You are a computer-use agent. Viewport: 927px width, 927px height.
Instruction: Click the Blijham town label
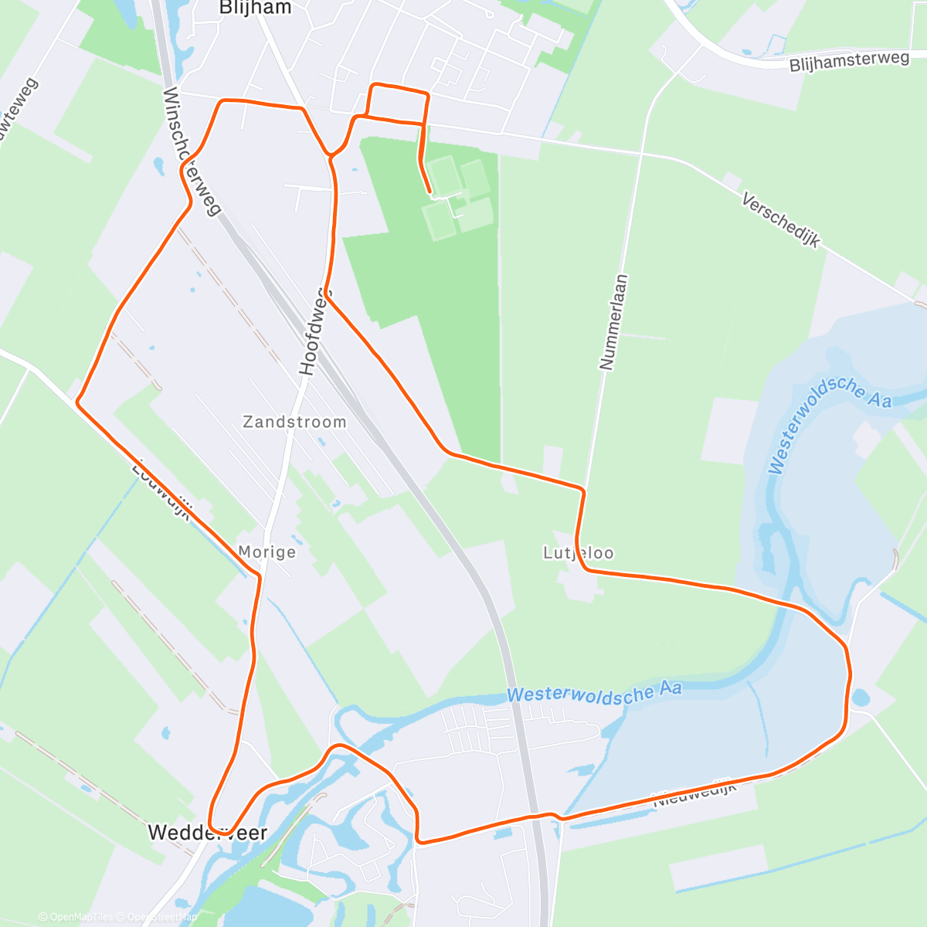point(255,8)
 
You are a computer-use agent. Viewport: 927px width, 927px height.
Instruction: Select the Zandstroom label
point(294,422)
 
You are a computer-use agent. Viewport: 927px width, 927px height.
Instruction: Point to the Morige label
point(267,552)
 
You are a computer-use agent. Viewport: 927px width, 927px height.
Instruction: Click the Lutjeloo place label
point(578,553)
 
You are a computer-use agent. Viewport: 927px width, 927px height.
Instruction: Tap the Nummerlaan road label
point(613,322)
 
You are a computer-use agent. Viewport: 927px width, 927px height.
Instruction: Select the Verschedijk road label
point(780,220)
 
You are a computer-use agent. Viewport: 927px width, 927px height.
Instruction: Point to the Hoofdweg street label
point(314,331)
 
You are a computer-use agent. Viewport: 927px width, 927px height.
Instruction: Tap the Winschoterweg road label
point(192,151)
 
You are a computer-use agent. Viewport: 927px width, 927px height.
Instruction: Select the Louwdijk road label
point(161,490)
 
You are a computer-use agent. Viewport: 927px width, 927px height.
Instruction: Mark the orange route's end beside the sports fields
point(430,191)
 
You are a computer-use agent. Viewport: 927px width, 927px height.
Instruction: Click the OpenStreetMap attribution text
point(161,917)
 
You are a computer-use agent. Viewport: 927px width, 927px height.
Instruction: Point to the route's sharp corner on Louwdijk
point(77,402)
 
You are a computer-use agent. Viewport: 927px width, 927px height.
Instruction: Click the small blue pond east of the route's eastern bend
point(861,698)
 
